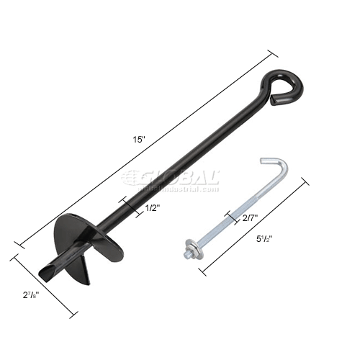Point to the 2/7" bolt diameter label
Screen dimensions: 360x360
[250, 217]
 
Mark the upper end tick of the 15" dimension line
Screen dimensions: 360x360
[273, 55]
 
